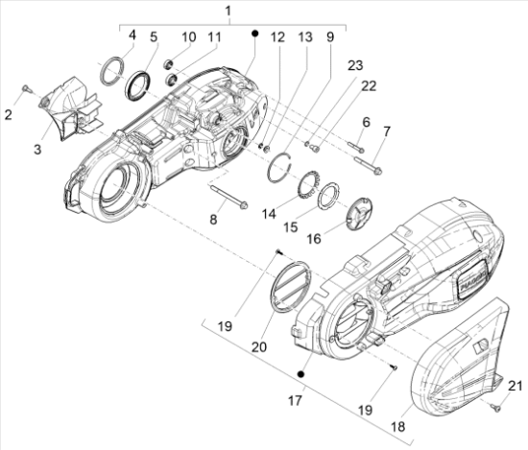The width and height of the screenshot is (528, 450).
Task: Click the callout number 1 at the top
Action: [x=228, y=11]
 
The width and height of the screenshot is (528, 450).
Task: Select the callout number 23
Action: [x=356, y=65]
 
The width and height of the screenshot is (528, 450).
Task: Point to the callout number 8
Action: [x=213, y=221]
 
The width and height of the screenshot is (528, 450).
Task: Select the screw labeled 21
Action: [x=495, y=407]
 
